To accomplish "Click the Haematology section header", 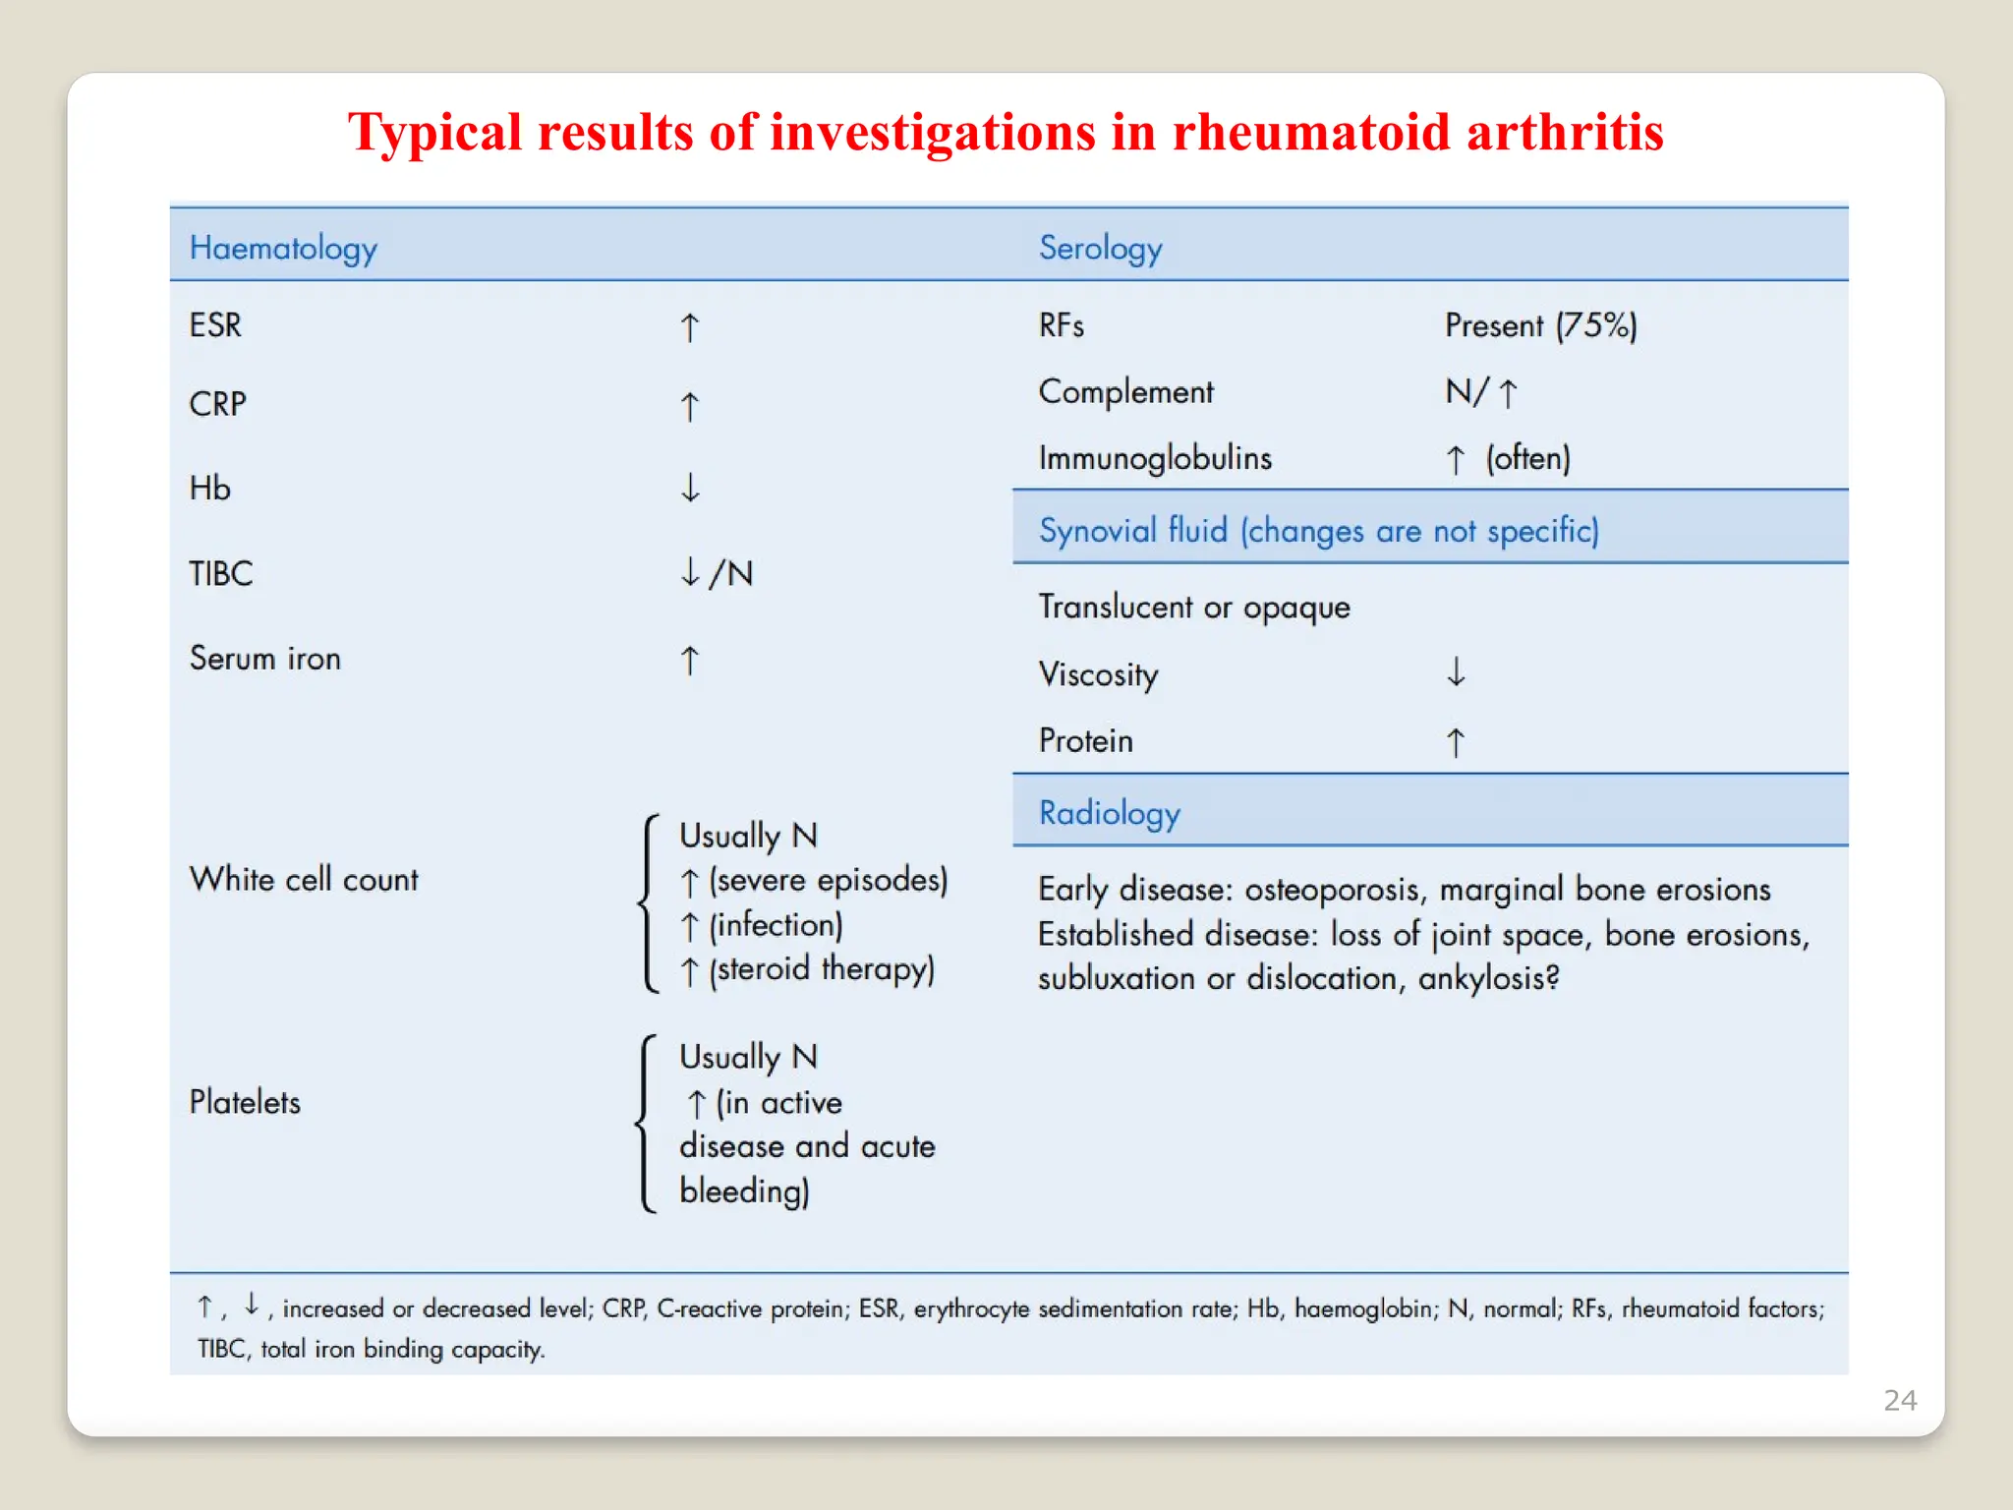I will [x=283, y=248].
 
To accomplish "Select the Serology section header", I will [x=1100, y=248].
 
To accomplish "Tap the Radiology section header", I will [x=1109, y=813].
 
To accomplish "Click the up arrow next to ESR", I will [x=690, y=327].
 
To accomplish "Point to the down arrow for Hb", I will [x=690, y=488].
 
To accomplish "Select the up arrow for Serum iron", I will [x=690, y=660].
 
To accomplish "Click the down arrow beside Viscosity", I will [x=1456, y=672].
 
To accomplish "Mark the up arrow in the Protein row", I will [x=1456, y=741].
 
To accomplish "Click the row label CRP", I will [x=217, y=404].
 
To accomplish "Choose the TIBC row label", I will [x=221, y=573].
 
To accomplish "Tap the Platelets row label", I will [x=245, y=1102].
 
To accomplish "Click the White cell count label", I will [x=304, y=879].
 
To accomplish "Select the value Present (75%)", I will [x=1540, y=325].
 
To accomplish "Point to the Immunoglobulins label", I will [x=1155, y=458].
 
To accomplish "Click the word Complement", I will [x=1125, y=391].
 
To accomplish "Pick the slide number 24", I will [x=1899, y=1400].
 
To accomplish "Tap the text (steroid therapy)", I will [x=822, y=969].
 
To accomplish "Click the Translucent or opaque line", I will [x=1194, y=608].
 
